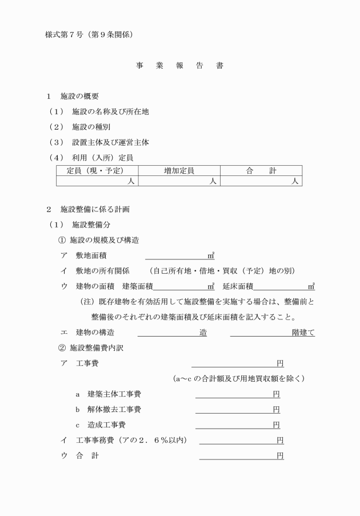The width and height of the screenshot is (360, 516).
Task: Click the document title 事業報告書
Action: coord(179,66)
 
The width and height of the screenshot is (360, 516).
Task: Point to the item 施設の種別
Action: coord(94,126)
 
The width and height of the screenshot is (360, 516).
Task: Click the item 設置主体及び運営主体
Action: coord(110,142)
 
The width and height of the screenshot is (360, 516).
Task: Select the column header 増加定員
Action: coord(179,170)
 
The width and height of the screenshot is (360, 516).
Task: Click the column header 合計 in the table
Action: coord(261,170)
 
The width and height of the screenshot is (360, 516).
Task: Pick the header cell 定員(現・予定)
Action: coord(97,170)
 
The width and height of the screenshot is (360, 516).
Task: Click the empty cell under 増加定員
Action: coord(179,181)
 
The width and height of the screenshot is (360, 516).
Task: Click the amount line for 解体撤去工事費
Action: coord(234,410)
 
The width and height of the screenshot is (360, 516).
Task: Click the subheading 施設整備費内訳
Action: coord(102,348)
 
